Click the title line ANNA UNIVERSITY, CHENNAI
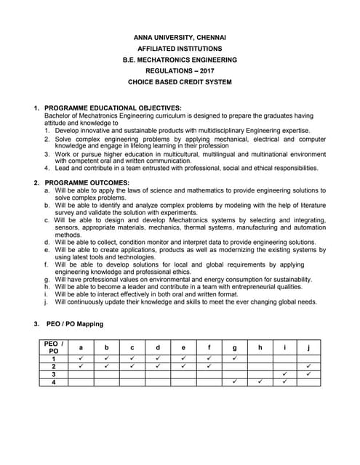tap(180, 37)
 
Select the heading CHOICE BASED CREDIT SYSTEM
tap(180, 82)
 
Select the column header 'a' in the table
tap(80, 347)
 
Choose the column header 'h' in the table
tap(260, 347)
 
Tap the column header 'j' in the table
tap(309, 347)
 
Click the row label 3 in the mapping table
tap(53, 374)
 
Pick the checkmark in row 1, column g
tap(234, 358)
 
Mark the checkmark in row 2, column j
tap(309, 366)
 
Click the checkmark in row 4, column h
tap(260, 382)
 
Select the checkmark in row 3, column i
tap(284, 374)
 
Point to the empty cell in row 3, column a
tap(80, 374)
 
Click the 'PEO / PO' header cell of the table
tap(53, 347)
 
